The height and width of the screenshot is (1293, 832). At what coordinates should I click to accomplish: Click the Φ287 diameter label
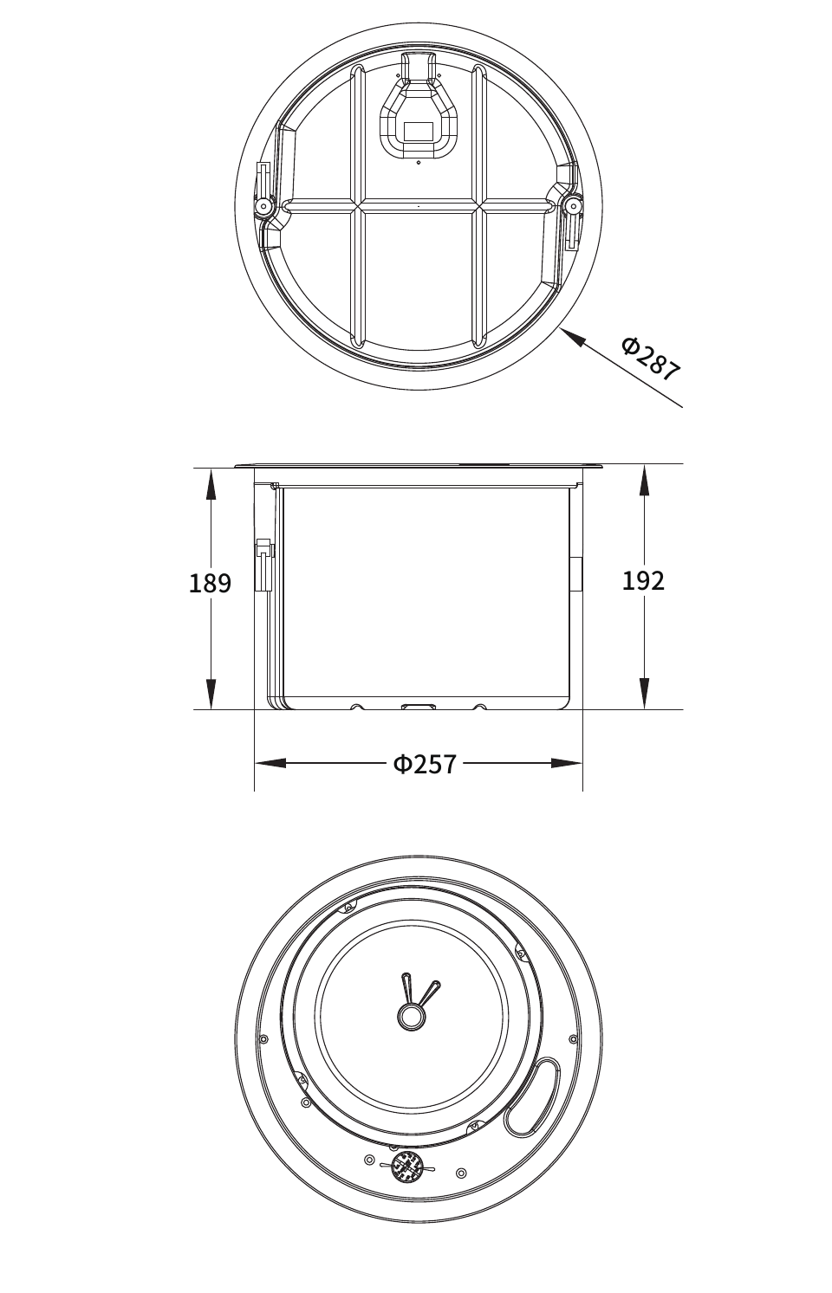click(650, 359)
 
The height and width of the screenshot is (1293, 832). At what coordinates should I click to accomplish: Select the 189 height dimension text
click(211, 583)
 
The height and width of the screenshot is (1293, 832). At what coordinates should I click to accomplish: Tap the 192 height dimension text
click(643, 581)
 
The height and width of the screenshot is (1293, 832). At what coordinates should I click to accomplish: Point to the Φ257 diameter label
click(425, 764)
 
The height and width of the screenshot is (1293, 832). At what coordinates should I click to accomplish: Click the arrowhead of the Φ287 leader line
click(572, 337)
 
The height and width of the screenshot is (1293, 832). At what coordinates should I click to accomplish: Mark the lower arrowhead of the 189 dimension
click(211, 693)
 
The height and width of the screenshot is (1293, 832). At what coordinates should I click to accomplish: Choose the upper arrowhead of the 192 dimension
click(644, 481)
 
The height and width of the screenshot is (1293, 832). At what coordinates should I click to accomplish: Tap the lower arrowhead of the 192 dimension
click(644, 693)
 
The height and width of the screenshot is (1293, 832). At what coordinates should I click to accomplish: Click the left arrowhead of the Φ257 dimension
click(270, 763)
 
